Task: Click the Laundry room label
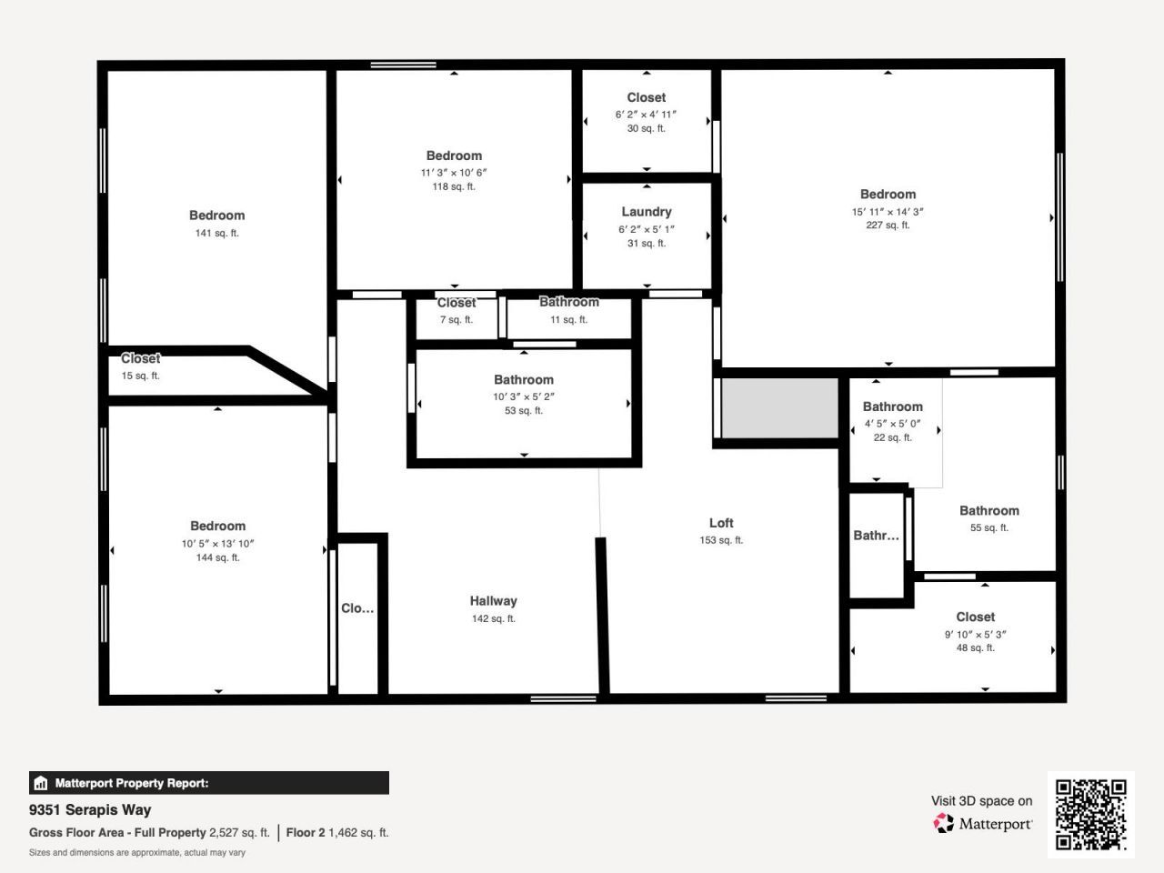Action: (x=647, y=212)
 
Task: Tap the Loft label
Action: (x=721, y=523)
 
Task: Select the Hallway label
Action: (x=493, y=601)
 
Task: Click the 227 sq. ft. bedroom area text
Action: (x=888, y=226)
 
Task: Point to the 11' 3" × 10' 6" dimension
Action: (x=454, y=173)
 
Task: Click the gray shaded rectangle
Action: (x=779, y=408)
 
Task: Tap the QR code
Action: (x=1090, y=814)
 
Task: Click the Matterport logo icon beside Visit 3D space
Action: (x=944, y=824)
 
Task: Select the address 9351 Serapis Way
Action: (x=90, y=809)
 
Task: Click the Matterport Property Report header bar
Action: (x=209, y=783)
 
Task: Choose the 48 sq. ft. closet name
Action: (x=975, y=617)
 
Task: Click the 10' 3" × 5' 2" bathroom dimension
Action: (x=524, y=396)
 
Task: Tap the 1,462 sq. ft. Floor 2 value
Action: (x=358, y=832)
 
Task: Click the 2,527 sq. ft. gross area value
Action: (x=239, y=832)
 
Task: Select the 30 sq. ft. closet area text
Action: (x=647, y=129)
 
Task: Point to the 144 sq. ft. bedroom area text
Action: (x=217, y=557)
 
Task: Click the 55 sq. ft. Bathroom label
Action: (x=989, y=511)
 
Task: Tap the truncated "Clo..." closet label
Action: (x=357, y=608)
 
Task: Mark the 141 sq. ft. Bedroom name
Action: (x=216, y=216)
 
